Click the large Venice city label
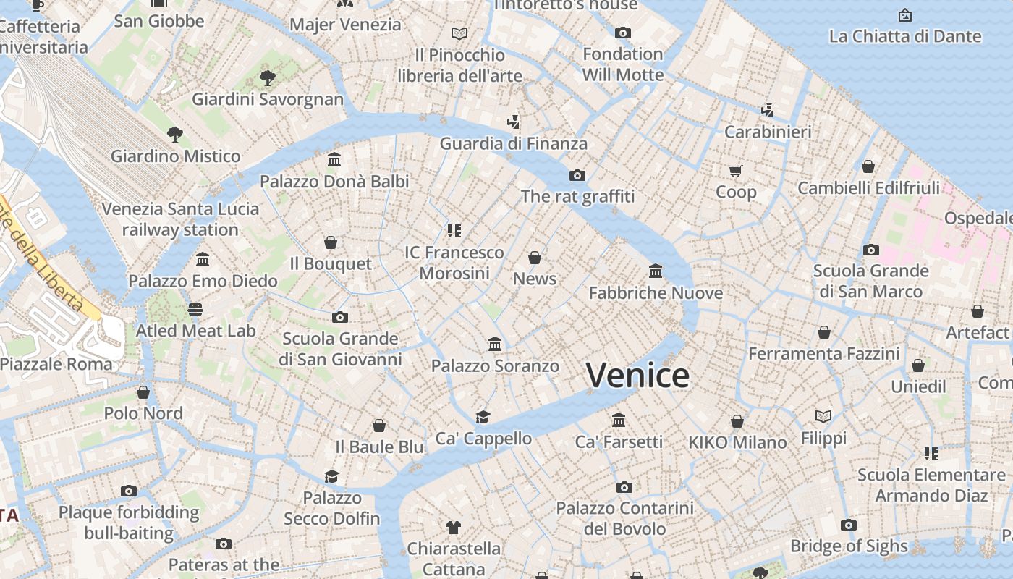pyautogui.click(x=637, y=375)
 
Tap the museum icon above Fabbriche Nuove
pyautogui.click(x=656, y=271)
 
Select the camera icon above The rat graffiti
pyautogui.click(x=577, y=175)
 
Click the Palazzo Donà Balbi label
pyautogui.click(x=334, y=181)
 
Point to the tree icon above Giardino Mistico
pyautogui.click(x=174, y=134)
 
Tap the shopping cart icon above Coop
pyautogui.click(x=736, y=171)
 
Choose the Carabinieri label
pyautogui.click(x=768, y=132)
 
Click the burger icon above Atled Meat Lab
pyautogui.click(x=195, y=310)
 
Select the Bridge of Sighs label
pyautogui.click(x=849, y=546)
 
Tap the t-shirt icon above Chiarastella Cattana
pyautogui.click(x=454, y=527)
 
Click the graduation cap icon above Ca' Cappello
pyautogui.click(x=483, y=417)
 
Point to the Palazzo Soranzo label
pyautogui.click(x=495, y=366)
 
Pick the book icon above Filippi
pyautogui.click(x=823, y=417)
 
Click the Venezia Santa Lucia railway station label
pyautogui.click(x=180, y=219)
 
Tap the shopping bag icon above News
pyautogui.click(x=535, y=258)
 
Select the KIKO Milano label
pyautogui.click(x=737, y=442)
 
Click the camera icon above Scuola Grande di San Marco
pyautogui.click(x=871, y=250)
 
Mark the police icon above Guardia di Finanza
pyautogui.click(x=514, y=122)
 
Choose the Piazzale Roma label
pyautogui.click(x=56, y=364)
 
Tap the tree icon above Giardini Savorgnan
pyautogui.click(x=268, y=77)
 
